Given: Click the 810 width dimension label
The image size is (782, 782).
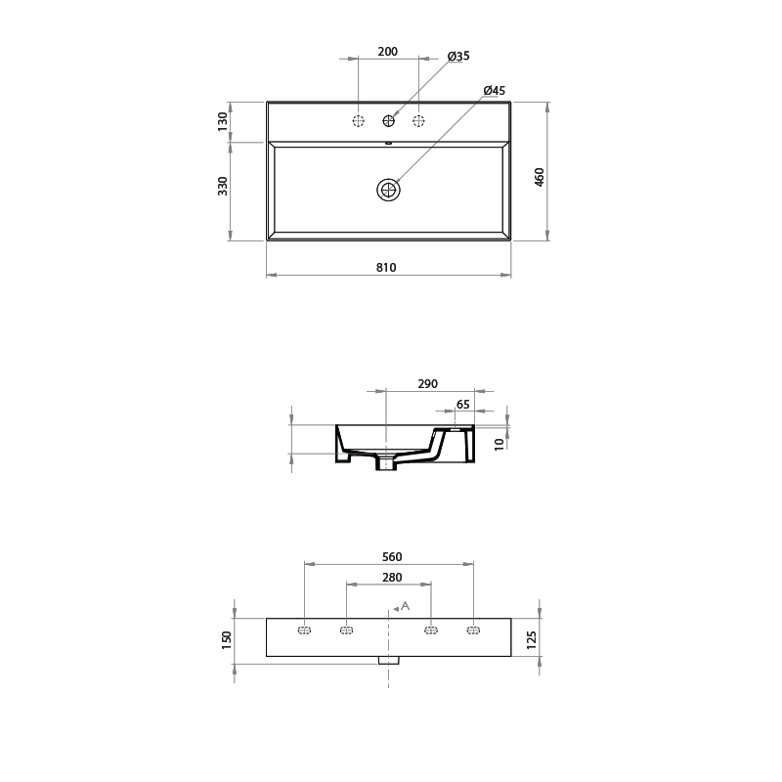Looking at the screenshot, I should coord(386,267).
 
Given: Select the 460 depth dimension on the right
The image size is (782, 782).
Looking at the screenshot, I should coord(540,177).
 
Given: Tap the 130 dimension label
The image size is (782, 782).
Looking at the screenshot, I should coord(223,121).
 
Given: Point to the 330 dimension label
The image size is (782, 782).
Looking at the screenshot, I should coord(223,186).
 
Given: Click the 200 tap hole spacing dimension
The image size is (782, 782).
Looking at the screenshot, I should coord(387,52).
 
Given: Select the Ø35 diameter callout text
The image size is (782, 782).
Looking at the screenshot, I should coord(458,57).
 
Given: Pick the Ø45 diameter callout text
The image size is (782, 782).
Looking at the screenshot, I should coord(494,91).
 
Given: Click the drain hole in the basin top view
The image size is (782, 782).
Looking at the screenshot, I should coord(389,190).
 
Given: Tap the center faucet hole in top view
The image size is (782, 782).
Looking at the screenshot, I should coord(389,121).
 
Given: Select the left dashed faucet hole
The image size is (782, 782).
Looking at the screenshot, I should coord(359,121).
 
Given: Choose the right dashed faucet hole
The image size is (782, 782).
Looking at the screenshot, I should coord(419,121).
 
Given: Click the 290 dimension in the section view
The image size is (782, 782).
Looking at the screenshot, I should coord(427,384).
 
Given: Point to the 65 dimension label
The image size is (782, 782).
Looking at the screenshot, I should coord(463,404).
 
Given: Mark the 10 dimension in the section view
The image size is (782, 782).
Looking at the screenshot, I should coord(499,444).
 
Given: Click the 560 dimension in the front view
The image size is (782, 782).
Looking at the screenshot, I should coord(391,556).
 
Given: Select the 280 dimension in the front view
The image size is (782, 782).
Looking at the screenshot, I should coord(391,578).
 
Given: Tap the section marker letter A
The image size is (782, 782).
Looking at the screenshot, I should coord(405,606).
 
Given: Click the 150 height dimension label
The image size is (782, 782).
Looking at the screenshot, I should coord(227,639).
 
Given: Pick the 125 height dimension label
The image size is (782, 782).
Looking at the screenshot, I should coord(531,639).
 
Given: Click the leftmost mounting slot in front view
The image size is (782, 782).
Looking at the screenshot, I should coord(304,630).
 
